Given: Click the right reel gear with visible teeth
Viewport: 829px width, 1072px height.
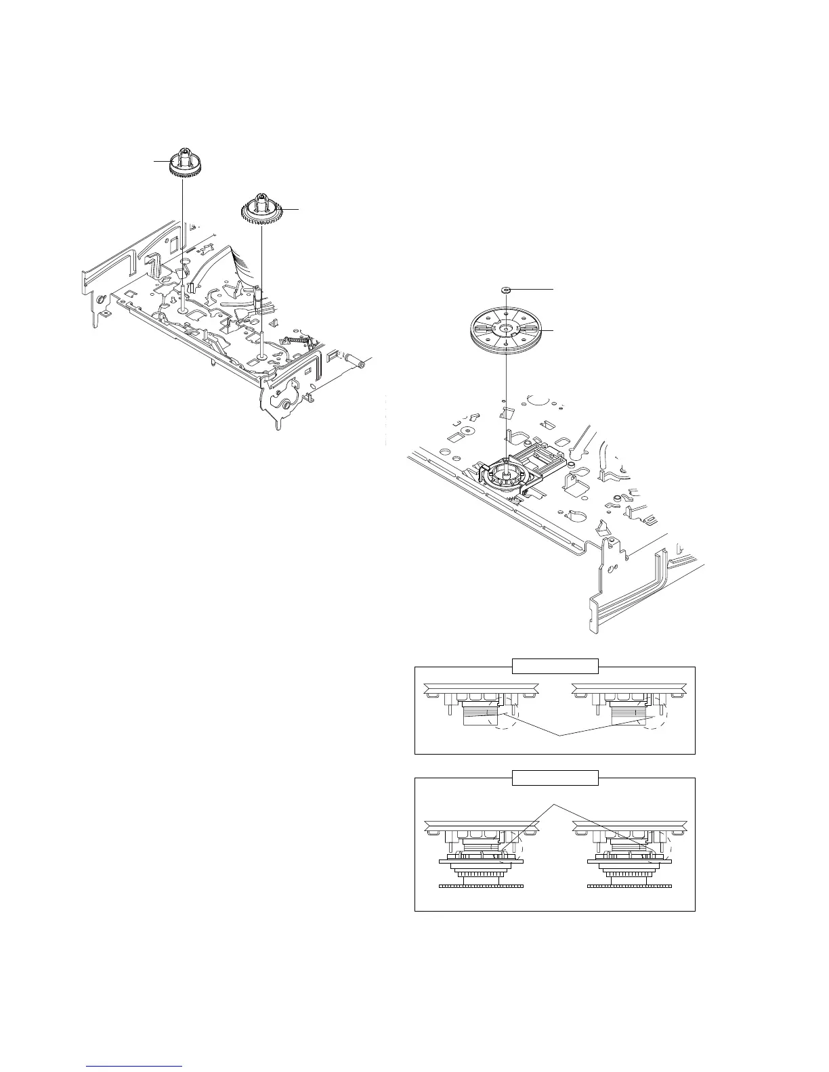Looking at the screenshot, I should [261, 209].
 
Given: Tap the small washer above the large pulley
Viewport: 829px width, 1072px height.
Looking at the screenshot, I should [505, 289].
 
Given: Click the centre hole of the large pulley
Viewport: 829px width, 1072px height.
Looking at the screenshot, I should [505, 328].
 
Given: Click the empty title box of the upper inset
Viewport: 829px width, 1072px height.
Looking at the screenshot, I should [555, 666].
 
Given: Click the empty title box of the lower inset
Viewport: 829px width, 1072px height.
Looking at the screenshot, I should [555, 778].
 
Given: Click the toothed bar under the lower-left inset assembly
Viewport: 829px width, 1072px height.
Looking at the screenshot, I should [482, 886].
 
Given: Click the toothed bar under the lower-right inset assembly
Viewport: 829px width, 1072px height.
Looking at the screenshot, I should [629, 886].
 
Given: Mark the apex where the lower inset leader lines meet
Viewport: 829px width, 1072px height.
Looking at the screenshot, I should [555, 804].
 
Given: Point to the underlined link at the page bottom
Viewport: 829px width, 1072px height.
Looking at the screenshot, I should [135, 1067].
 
